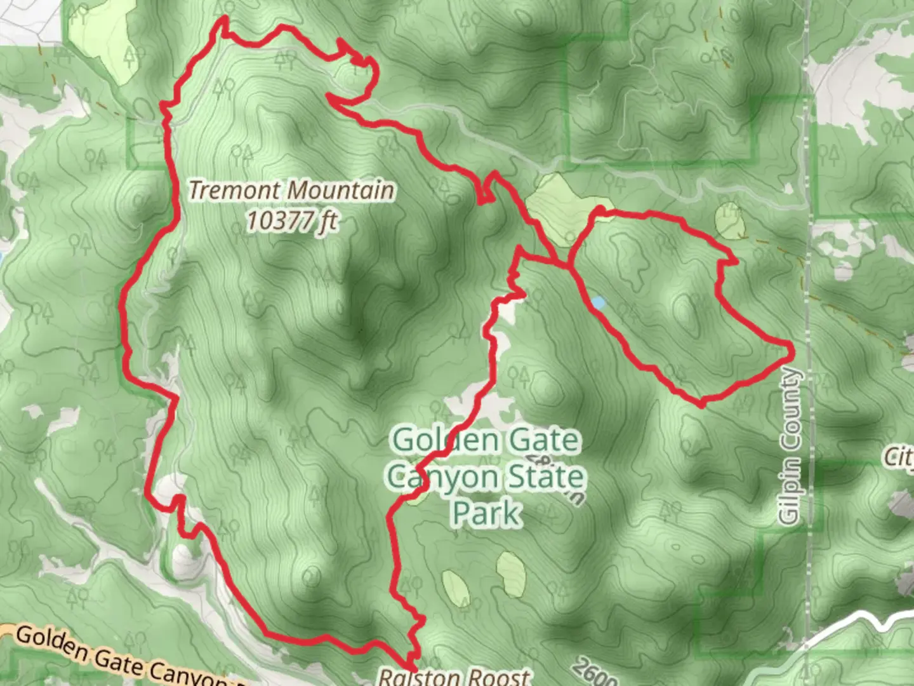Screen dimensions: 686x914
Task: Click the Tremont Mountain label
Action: point(291,190)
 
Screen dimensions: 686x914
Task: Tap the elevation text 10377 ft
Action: point(291,220)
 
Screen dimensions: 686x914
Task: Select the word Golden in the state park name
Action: point(433,440)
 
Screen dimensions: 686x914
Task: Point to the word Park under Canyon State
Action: point(487,513)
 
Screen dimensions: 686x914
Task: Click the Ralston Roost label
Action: point(454,676)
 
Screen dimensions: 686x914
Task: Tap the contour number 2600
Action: point(593,672)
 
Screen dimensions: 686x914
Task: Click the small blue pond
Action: point(598,303)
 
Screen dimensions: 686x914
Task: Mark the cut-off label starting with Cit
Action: point(900,456)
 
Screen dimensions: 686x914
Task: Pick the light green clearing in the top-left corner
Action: point(102,38)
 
